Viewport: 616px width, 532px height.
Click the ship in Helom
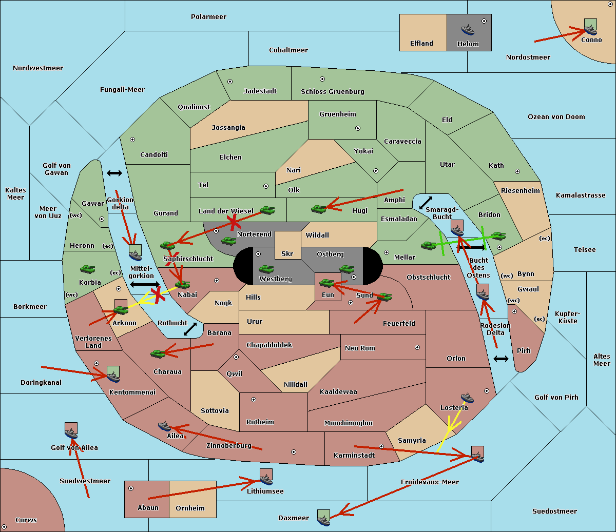(468, 30)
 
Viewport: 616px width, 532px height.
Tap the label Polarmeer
(208, 17)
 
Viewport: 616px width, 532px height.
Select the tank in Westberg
(266, 269)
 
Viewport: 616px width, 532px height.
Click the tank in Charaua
(158, 353)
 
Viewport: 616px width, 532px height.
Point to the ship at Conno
(590, 29)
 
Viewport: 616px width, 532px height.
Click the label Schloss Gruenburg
(333, 91)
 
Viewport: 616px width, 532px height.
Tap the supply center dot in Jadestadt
(230, 82)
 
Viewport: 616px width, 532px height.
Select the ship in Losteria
(467, 398)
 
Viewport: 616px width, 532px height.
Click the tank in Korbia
(88, 269)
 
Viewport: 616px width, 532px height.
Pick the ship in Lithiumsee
(266, 479)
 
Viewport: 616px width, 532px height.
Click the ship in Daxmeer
(323, 520)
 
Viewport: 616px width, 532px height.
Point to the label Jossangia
(228, 128)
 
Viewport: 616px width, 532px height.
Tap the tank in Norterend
(228, 241)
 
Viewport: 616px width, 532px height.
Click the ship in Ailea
(164, 426)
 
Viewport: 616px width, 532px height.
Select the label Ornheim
(190, 508)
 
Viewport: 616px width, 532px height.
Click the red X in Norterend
(234, 223)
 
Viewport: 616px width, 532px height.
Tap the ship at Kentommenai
(113, 377)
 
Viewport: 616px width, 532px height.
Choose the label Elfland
(421, 44)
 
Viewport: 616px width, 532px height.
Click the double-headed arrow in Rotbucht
(190, 329)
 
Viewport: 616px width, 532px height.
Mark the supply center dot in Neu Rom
(417, 347)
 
